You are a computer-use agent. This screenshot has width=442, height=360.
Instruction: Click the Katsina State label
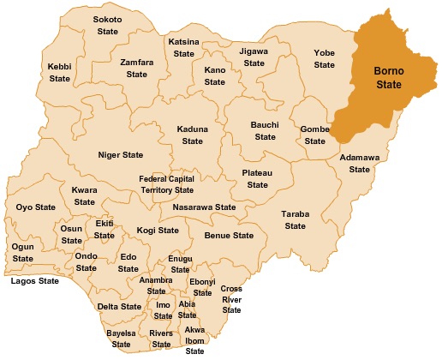tap(183, 47)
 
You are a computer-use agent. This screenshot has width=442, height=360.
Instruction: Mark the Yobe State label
tap(325, 57)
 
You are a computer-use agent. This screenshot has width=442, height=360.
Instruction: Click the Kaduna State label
tap(193, 135)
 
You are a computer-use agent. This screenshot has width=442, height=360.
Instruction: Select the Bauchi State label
tap(266, 130)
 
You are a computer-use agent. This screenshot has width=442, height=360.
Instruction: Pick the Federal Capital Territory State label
tap(166, 184)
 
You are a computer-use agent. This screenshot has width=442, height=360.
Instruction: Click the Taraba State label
tap(296, 219)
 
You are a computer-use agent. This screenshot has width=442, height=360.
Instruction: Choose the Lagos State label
tap(34, 280)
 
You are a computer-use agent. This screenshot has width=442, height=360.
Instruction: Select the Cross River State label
tap(232, 299)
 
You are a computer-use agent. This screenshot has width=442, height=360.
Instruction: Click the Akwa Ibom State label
tap(195, 340)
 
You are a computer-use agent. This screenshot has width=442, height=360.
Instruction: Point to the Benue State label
tap(229, 235)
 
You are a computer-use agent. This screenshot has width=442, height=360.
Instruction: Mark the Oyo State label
tap(35, 207)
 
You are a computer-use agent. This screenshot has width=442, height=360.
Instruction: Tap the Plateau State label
tap(258, 178)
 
